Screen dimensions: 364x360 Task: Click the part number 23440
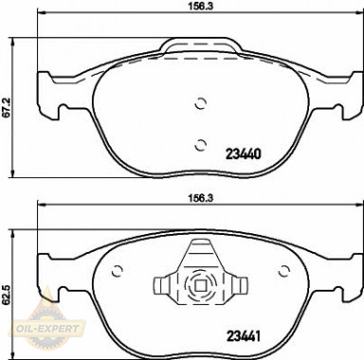coord(243,154)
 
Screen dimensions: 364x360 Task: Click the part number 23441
coord(243,336)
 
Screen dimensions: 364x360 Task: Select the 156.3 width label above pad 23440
coord(201,6)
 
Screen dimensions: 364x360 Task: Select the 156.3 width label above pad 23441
coord(201,199)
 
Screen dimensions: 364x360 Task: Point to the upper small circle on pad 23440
coord(200,103)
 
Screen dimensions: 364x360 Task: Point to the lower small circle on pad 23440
coord(200,145)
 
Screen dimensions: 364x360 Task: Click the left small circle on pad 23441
coord(118,271)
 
